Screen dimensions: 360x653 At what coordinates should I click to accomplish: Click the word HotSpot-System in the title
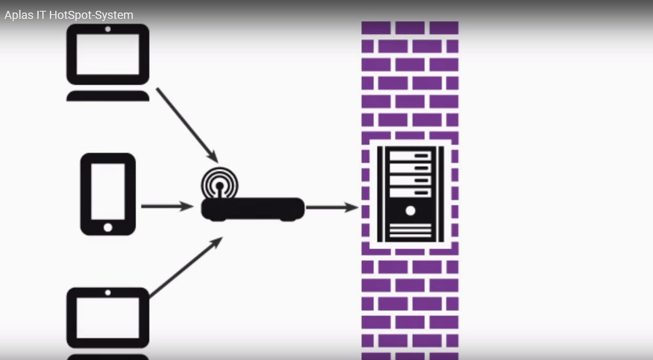(91, 15)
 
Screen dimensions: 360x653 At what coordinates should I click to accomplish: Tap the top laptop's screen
(108, 55)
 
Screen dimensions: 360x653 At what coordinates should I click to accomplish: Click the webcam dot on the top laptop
(108, 29)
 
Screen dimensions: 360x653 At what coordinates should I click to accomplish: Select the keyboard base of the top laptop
(108, 96)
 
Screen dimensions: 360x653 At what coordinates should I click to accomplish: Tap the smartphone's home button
(108, 227)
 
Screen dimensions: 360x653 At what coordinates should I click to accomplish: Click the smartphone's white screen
(108, 191)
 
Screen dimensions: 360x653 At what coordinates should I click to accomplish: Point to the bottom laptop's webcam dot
(108, 293)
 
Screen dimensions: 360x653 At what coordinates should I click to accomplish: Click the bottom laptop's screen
(108, 318)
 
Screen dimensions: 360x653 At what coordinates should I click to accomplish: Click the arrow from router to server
(331, 207)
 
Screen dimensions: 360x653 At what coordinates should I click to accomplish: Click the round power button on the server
(410, 211)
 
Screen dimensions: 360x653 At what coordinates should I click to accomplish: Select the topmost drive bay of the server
(410, 156)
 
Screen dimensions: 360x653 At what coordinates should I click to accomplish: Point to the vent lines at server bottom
(410, 231)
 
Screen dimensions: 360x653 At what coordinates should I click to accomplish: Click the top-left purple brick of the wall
(376, 28)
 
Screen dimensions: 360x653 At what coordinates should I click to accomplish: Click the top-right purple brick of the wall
(444, 28)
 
